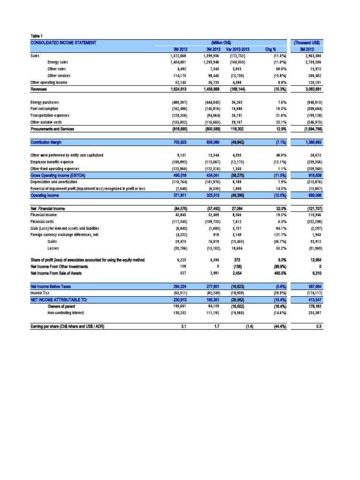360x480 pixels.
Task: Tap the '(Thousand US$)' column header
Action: (309, 43)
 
